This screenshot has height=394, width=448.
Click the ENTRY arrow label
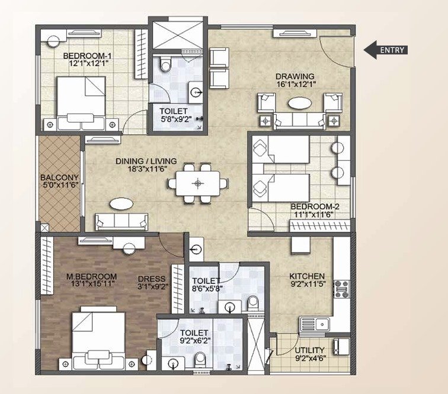click(x=385, y=50)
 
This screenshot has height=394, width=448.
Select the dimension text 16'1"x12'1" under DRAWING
click(x=295, y=84)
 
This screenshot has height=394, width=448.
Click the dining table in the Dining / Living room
click(x=198, y=183)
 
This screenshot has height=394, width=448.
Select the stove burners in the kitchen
click(x=342, y=289)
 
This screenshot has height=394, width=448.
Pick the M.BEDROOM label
click(x=91, y=276)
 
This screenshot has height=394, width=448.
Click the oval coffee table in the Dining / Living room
click(x=121, y=204)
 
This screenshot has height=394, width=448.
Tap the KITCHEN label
click(x=306, y=276)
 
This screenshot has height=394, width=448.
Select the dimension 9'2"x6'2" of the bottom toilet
click(x=194, y=341)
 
